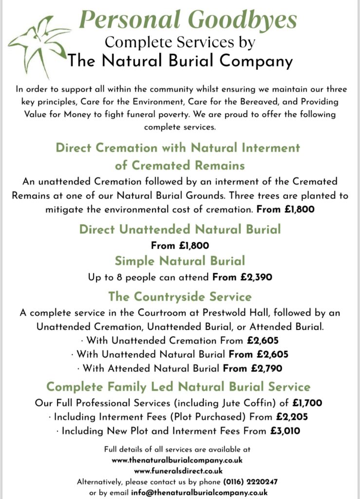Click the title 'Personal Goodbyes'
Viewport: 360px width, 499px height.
188,20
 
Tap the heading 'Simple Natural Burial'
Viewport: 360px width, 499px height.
180,260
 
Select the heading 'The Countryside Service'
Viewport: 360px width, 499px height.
180,296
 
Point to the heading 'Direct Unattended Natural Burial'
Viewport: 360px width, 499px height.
180,229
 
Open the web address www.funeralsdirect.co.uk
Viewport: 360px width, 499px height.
178,471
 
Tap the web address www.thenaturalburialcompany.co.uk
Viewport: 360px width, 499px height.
177,460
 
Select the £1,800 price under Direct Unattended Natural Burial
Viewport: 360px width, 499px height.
191,246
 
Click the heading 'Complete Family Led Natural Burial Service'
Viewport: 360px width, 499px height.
178,386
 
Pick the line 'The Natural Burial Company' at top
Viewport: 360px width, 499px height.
180,61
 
